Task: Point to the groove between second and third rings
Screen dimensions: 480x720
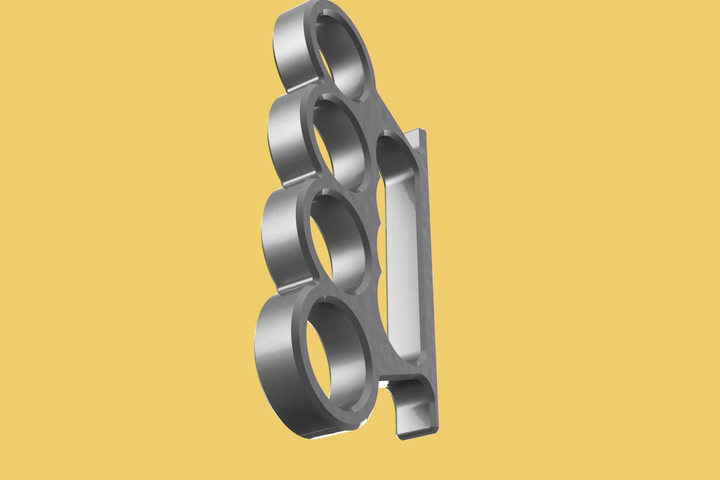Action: coord(296,183)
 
